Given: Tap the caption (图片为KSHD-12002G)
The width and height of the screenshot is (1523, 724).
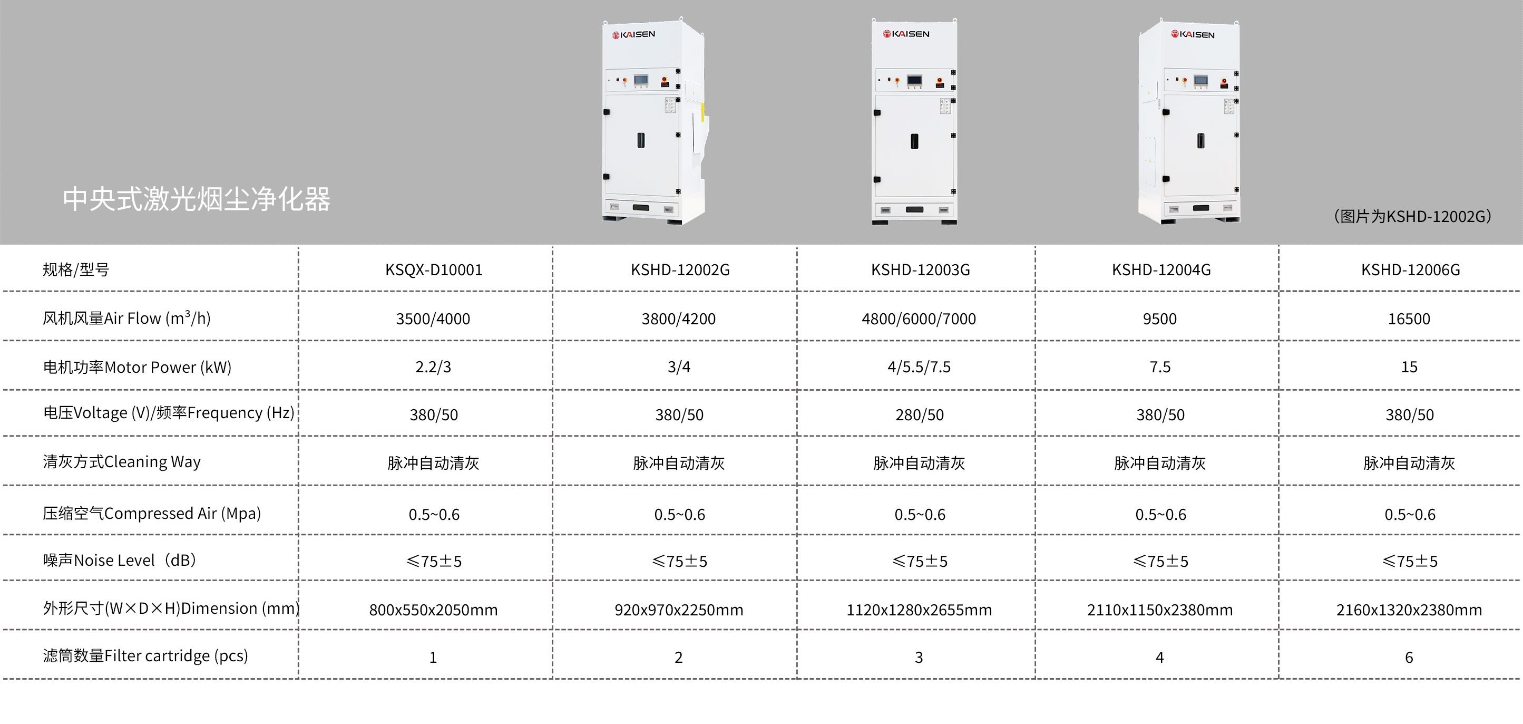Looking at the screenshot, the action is pyautogui.click(x=1412, y=217).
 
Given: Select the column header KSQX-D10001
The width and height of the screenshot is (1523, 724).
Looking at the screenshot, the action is pyautogui.click(x=433, y=271).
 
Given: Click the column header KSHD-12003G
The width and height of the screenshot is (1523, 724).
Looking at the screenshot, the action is pyautogui.click(x=920, y=271).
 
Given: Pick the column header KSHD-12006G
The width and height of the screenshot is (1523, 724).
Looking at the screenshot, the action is pyautogui.click(x=1410, y=271).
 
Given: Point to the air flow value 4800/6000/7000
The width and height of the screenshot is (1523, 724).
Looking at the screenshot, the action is pyautogui.click(x=919, y=319).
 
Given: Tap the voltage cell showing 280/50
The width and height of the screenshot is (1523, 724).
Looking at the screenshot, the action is pyautogui.click(x=920, y=414).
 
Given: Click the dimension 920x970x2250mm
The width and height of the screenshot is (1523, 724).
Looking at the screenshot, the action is pyautogui.click(x=679, y=610).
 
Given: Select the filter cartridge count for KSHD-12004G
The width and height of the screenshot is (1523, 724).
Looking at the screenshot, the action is pyautogui.click(x=1159, y=658).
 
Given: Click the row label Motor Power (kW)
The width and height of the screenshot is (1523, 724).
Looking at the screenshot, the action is pyautogui.click(x=137, y=368).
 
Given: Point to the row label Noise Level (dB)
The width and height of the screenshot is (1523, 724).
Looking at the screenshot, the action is pyautogui.click(x=120, y=560).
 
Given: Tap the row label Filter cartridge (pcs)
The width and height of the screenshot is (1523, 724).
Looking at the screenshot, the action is pyautogui.click(x=145, y=656).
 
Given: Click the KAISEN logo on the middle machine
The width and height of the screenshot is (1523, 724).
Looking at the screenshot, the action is pyautogui.click(x=906, y=34).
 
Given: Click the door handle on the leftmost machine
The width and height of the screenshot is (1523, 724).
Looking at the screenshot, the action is pyautogui.click(x=640, y=140).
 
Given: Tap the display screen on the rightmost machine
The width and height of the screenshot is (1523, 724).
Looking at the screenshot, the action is pyautogui.click(x=1201, y=80).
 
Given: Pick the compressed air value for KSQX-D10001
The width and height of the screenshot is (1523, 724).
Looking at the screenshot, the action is pyautogui.click(x=434, y=515).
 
